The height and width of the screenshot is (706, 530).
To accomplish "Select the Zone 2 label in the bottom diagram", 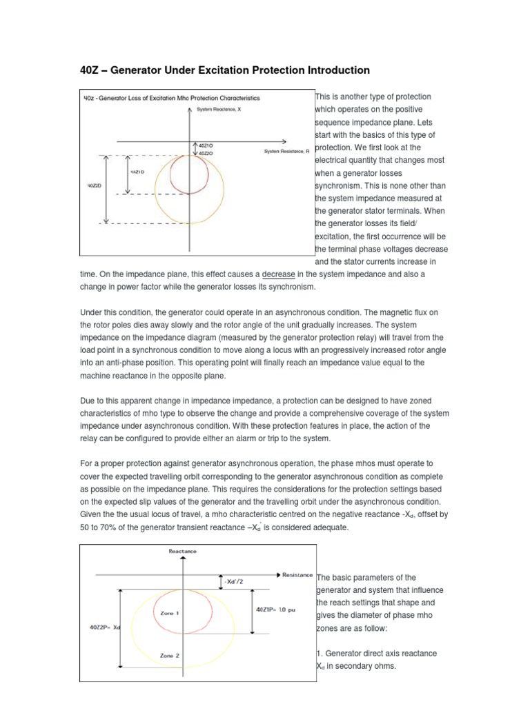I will click(170, 656).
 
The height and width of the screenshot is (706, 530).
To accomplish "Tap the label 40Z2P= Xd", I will click(101, 627).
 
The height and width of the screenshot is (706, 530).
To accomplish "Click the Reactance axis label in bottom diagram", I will click(183, 552).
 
